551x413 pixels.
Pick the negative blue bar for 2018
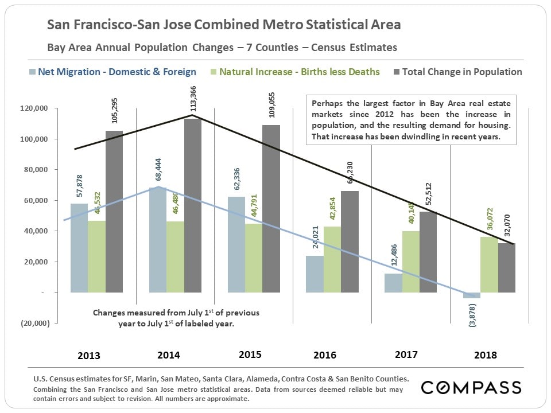click(x=472, y=295)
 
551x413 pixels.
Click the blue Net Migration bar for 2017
click(x=393, y=283)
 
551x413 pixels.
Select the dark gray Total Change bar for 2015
click(x=271, y=209)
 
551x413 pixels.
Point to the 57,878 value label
click(x=79, y=183)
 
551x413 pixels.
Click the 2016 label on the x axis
click(x=325, y=355)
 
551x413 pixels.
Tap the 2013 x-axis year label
click(x=88, y=355)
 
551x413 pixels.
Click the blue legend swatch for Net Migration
click(x=32, y=72)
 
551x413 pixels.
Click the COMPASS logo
click(x=471, y=387)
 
